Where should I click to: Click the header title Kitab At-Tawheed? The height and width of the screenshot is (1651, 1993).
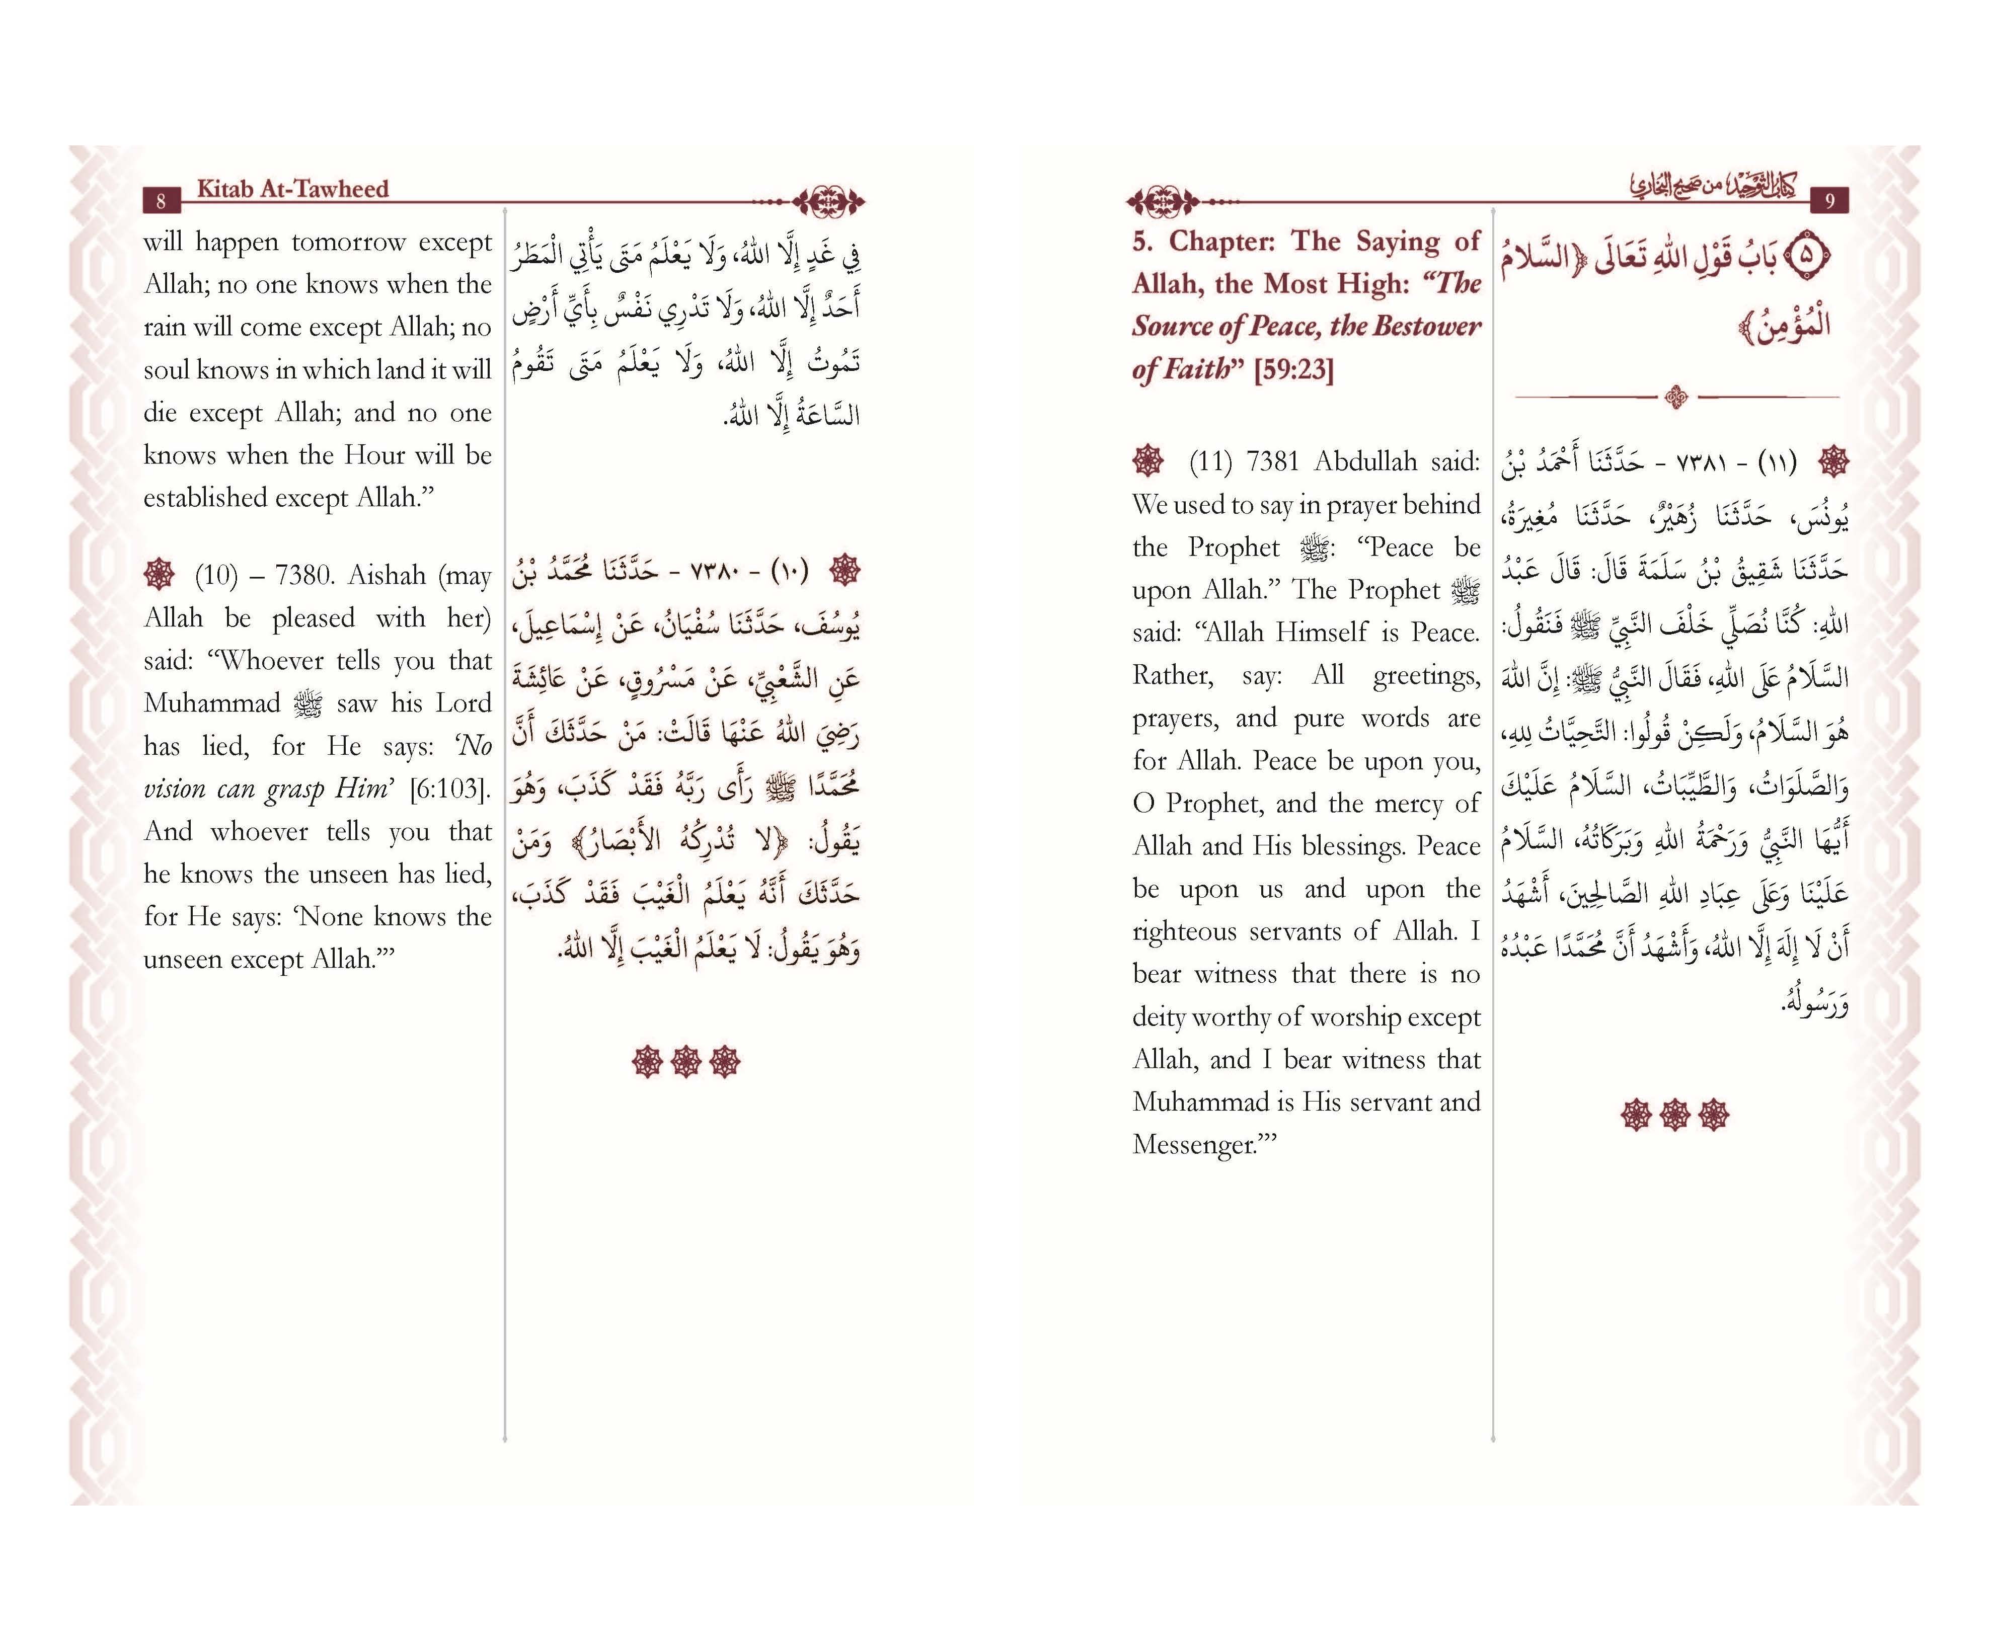tap(292, 189)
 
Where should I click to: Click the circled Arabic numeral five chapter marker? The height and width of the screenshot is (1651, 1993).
tap(1806, 255)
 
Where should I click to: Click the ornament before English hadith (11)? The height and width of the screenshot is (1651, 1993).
tap(1148, 460)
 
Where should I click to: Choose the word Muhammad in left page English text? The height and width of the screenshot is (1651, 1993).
tap(212, 704)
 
